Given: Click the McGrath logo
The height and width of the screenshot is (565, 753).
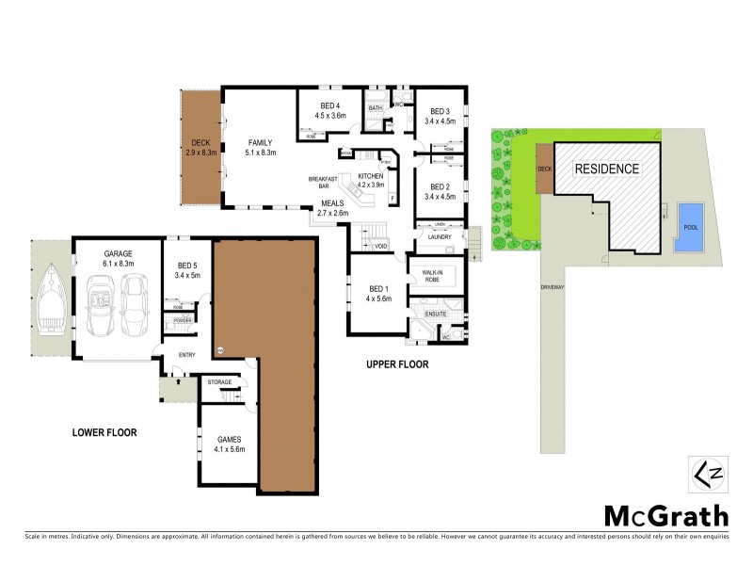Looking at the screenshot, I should coord(665,515).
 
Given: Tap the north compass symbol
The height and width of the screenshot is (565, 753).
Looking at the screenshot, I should coord(705,471).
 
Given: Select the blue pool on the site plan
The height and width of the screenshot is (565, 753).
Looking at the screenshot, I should coord(690,226).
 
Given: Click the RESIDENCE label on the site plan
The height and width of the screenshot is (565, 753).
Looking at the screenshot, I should coord(606,169).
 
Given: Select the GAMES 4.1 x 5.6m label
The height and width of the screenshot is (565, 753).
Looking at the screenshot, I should coord(231,444).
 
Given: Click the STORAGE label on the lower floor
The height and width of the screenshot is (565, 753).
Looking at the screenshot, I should coord(219,381).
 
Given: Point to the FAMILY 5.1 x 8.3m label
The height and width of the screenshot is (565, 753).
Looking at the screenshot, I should coord(259,147).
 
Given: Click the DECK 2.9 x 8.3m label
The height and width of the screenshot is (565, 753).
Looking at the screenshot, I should coord(201,147).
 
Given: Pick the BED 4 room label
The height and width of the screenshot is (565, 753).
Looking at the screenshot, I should coord(328,110).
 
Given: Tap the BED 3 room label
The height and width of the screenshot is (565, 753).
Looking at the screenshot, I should coord(440,116).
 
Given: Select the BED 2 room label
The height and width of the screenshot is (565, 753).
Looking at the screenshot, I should coord(440,191).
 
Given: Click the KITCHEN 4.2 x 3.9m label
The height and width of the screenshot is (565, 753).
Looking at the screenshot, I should coord(370,181).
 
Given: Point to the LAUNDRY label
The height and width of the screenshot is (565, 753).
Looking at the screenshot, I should coord(440,237).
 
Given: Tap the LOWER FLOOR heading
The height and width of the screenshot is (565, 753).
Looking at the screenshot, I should coord(104,433).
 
